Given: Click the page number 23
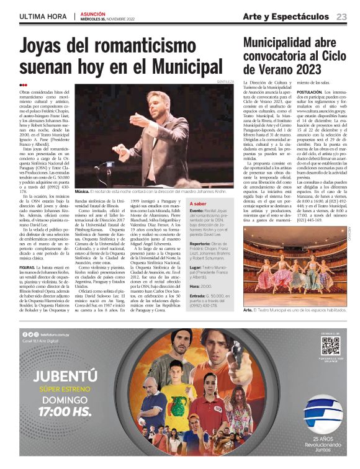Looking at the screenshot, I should click(x=342, y=16).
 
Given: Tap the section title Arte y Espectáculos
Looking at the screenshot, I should click(x=286, y=16).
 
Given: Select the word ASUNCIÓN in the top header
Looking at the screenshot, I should click(x=93, y=13).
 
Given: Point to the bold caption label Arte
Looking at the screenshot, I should click(x=248, y=310).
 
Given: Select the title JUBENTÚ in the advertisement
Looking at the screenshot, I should click(x=66, y=377).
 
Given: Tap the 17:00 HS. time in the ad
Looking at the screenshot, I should click(x=66, y=411).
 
